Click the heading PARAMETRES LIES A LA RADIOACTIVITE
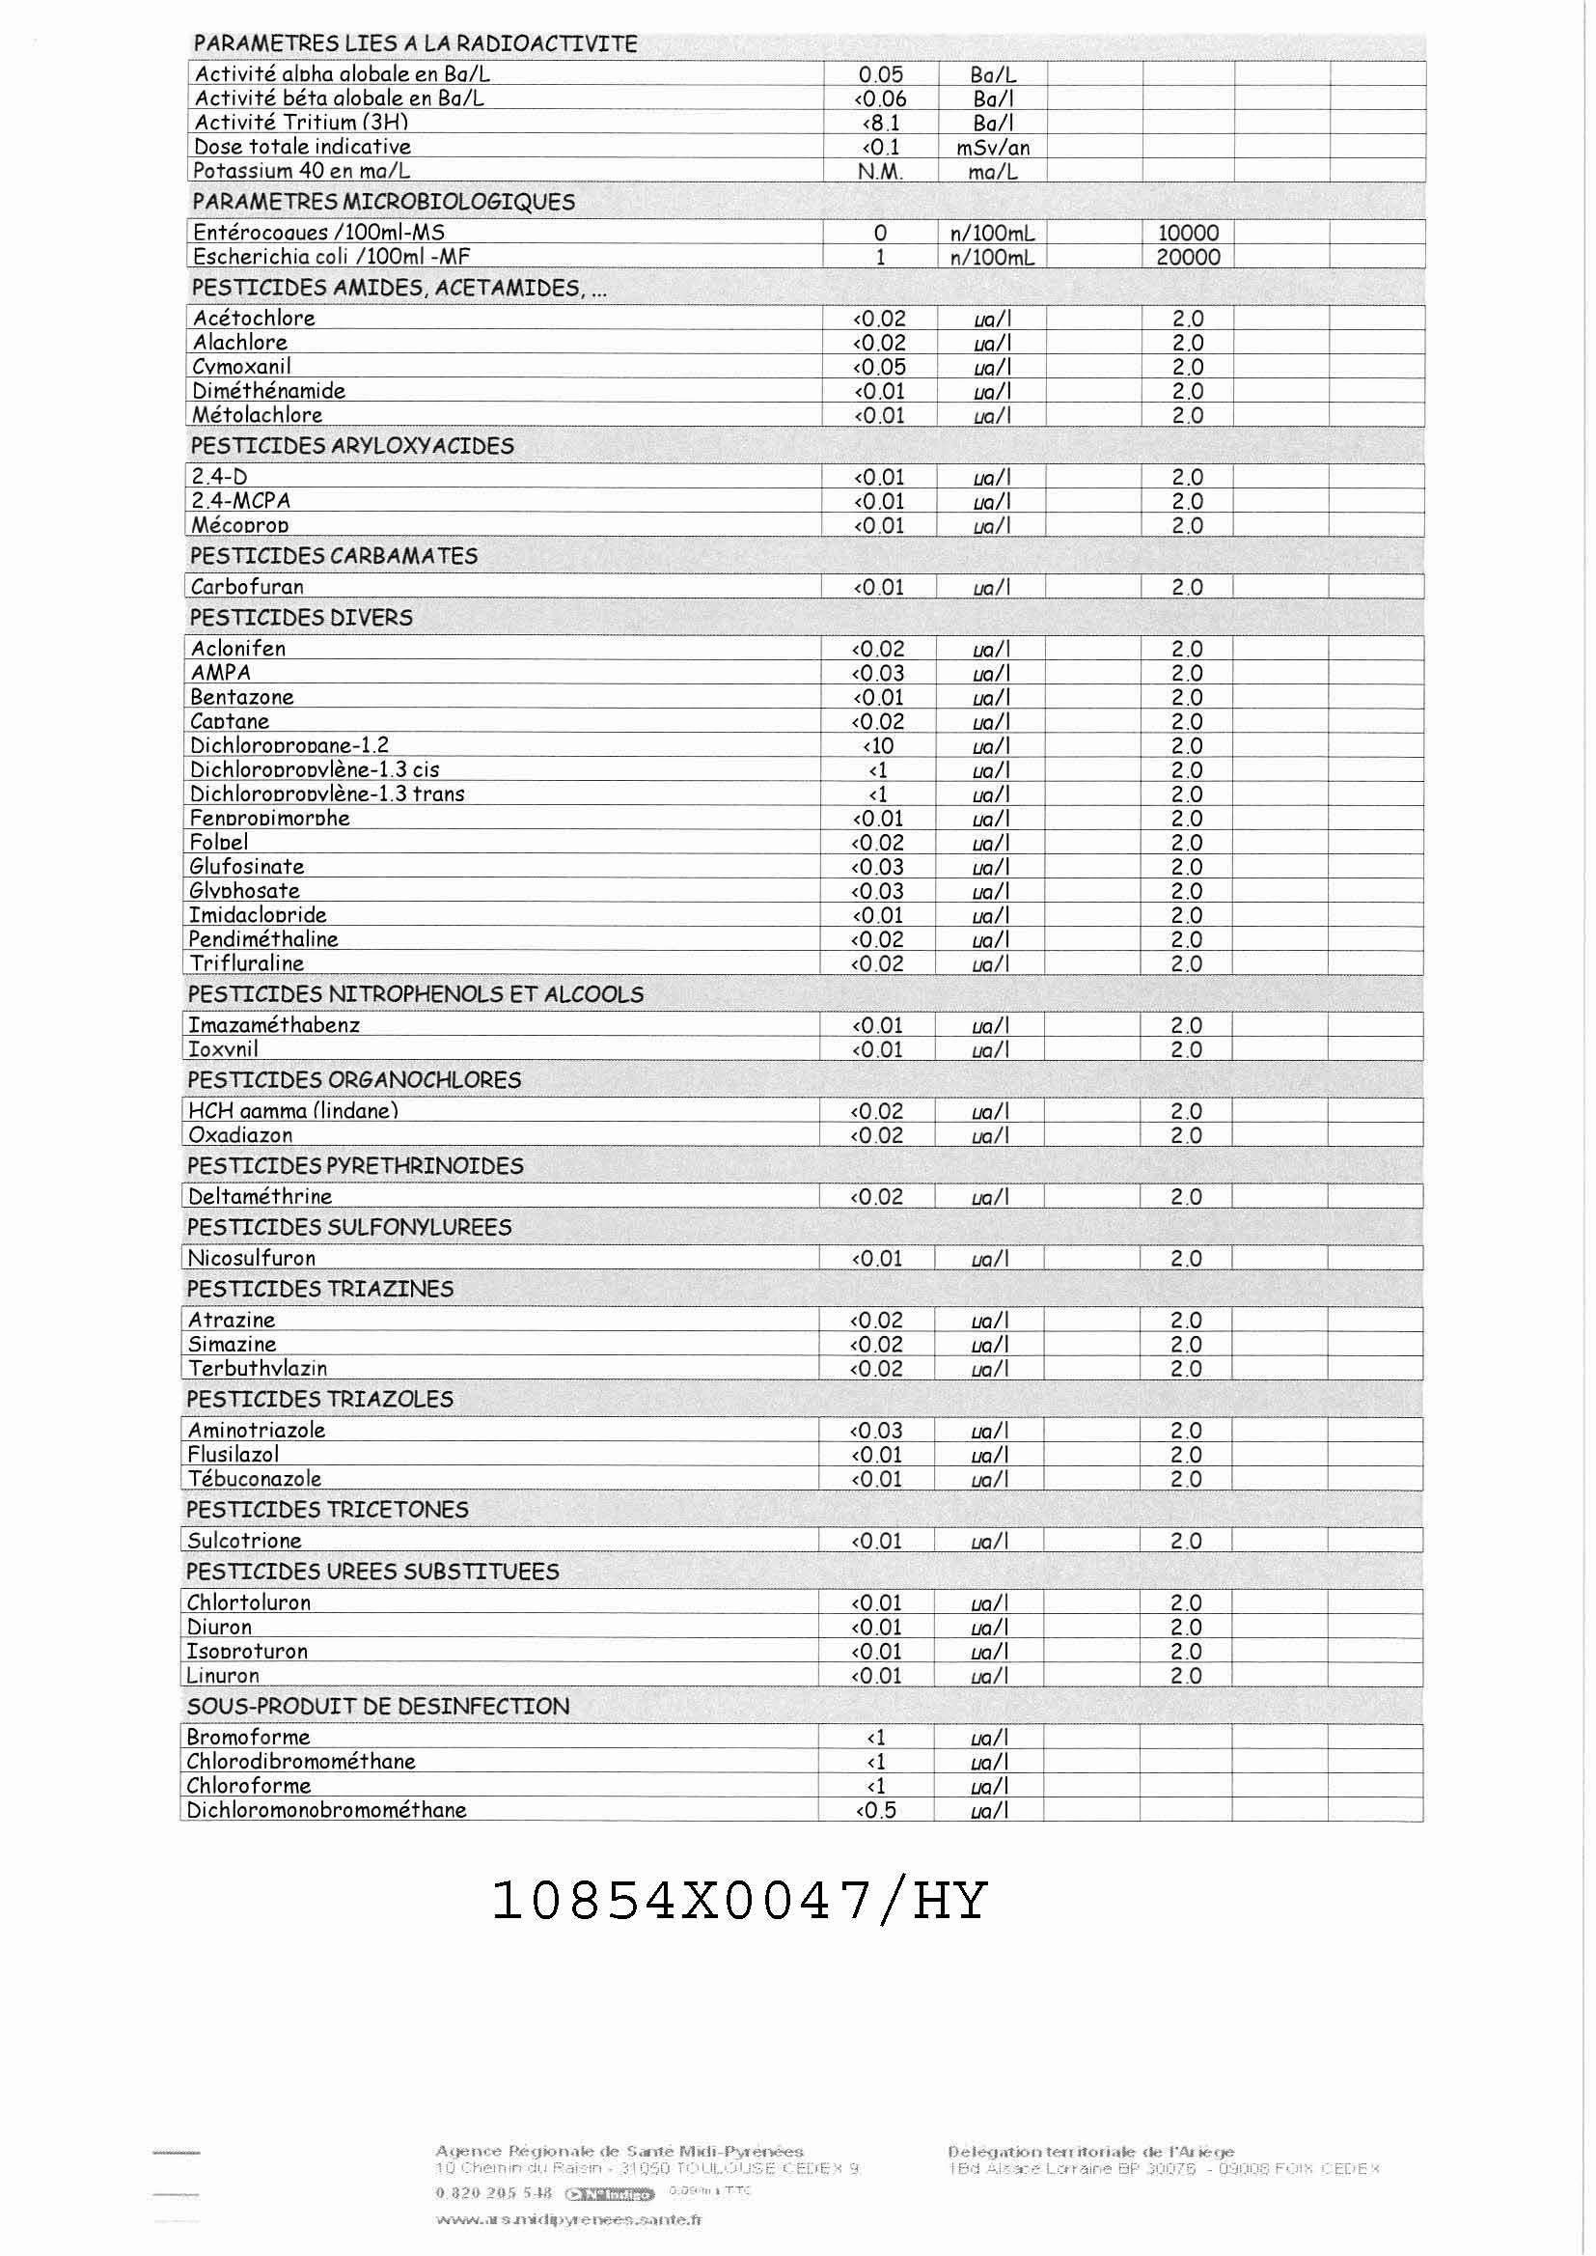coord(415,44)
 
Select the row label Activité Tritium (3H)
coord(301,123)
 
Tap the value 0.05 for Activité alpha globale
coord(881,74)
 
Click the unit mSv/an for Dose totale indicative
coord(993,148)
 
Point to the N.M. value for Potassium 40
coord(881,171)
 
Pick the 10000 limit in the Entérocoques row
coord(1188,233)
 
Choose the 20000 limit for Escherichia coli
coord(1188,258)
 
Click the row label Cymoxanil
coord(242,367)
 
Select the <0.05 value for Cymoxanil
coord(879,367)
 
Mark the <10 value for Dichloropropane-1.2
coord(877,746)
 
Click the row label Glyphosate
coord(245,891)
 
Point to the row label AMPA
coord(220,674)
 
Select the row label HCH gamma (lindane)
coord(293,1111)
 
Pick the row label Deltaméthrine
coord(260,1196)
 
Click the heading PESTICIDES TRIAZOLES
coord(319,1399)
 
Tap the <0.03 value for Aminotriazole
coord(876,1431)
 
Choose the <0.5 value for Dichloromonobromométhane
coord(875,1810)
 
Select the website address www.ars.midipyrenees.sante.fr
coord(568,2218)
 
